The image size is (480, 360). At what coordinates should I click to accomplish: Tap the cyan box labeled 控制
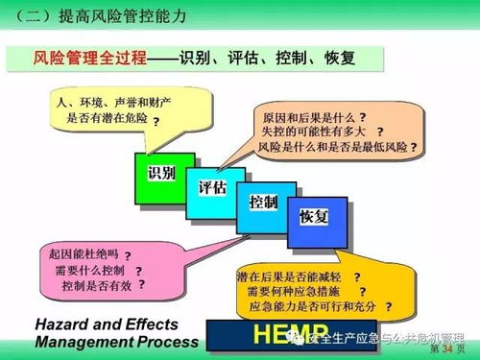(x=263, y=204)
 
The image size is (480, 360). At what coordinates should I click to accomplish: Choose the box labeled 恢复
(x=314, y=217)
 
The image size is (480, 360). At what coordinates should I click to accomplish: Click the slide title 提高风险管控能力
(x=121, y=15)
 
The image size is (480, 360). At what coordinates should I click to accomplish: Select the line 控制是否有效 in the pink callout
(x=95, y=285)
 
